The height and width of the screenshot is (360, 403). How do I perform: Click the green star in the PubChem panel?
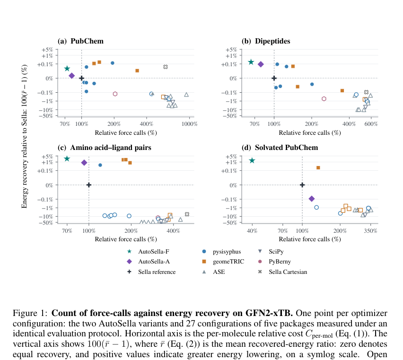67,68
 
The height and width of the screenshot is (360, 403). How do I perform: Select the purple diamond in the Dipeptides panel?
261,64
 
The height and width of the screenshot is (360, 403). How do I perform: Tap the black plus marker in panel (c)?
89,185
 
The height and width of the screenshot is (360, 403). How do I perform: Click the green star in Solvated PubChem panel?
252,160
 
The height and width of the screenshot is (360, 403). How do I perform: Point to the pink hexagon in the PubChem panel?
115,94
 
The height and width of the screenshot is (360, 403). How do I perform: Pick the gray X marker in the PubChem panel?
166,67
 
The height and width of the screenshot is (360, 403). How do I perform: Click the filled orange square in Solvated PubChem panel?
318,168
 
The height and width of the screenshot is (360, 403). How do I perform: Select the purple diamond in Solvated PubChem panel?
312,199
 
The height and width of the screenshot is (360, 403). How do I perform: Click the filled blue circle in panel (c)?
100,165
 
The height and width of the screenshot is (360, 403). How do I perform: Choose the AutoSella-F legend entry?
149,252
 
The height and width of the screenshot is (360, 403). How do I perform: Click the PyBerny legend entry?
274,262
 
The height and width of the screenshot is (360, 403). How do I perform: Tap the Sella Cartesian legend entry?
282,272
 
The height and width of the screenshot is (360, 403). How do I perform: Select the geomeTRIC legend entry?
223,262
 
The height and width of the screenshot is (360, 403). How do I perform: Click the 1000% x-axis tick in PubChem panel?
190,124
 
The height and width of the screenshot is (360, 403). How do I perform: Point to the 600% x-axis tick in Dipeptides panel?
371,124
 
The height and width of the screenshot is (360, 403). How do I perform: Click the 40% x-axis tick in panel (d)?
252,231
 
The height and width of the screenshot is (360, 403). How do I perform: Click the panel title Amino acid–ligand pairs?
111,148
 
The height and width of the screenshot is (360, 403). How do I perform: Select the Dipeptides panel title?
272,41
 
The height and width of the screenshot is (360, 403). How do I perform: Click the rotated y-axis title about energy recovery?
24,136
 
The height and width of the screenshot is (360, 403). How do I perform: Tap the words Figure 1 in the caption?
30,313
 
